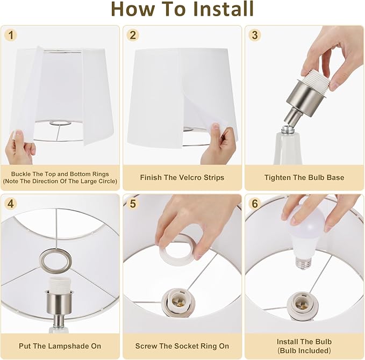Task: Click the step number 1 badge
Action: tap(11, 35)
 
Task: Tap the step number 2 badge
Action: tap(133, 35)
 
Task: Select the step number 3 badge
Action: tap(255, 35)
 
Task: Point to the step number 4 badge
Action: tap(11, 204)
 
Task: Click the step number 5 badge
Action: tap(133, 204)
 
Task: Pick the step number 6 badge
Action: tap(255, 204)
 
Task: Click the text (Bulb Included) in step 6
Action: tap(304, 350)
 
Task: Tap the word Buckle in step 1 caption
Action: tap(20, 174)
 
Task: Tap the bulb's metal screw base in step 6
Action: tap(304, 263)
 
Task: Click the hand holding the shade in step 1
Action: tap(20, 149)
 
